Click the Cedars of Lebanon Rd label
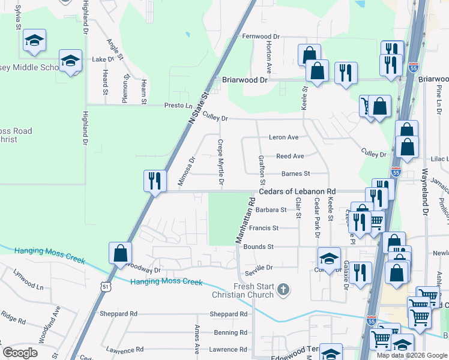coord(296,191)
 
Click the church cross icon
coord(283,290)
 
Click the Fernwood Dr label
coord(265,36)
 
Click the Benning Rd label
coord(226,332)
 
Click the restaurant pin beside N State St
coord(155,180)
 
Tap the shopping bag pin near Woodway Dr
coord(120,253)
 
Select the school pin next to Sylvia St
coord(35,41)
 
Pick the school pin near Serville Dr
coord(328,259)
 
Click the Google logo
coord(20,353)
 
